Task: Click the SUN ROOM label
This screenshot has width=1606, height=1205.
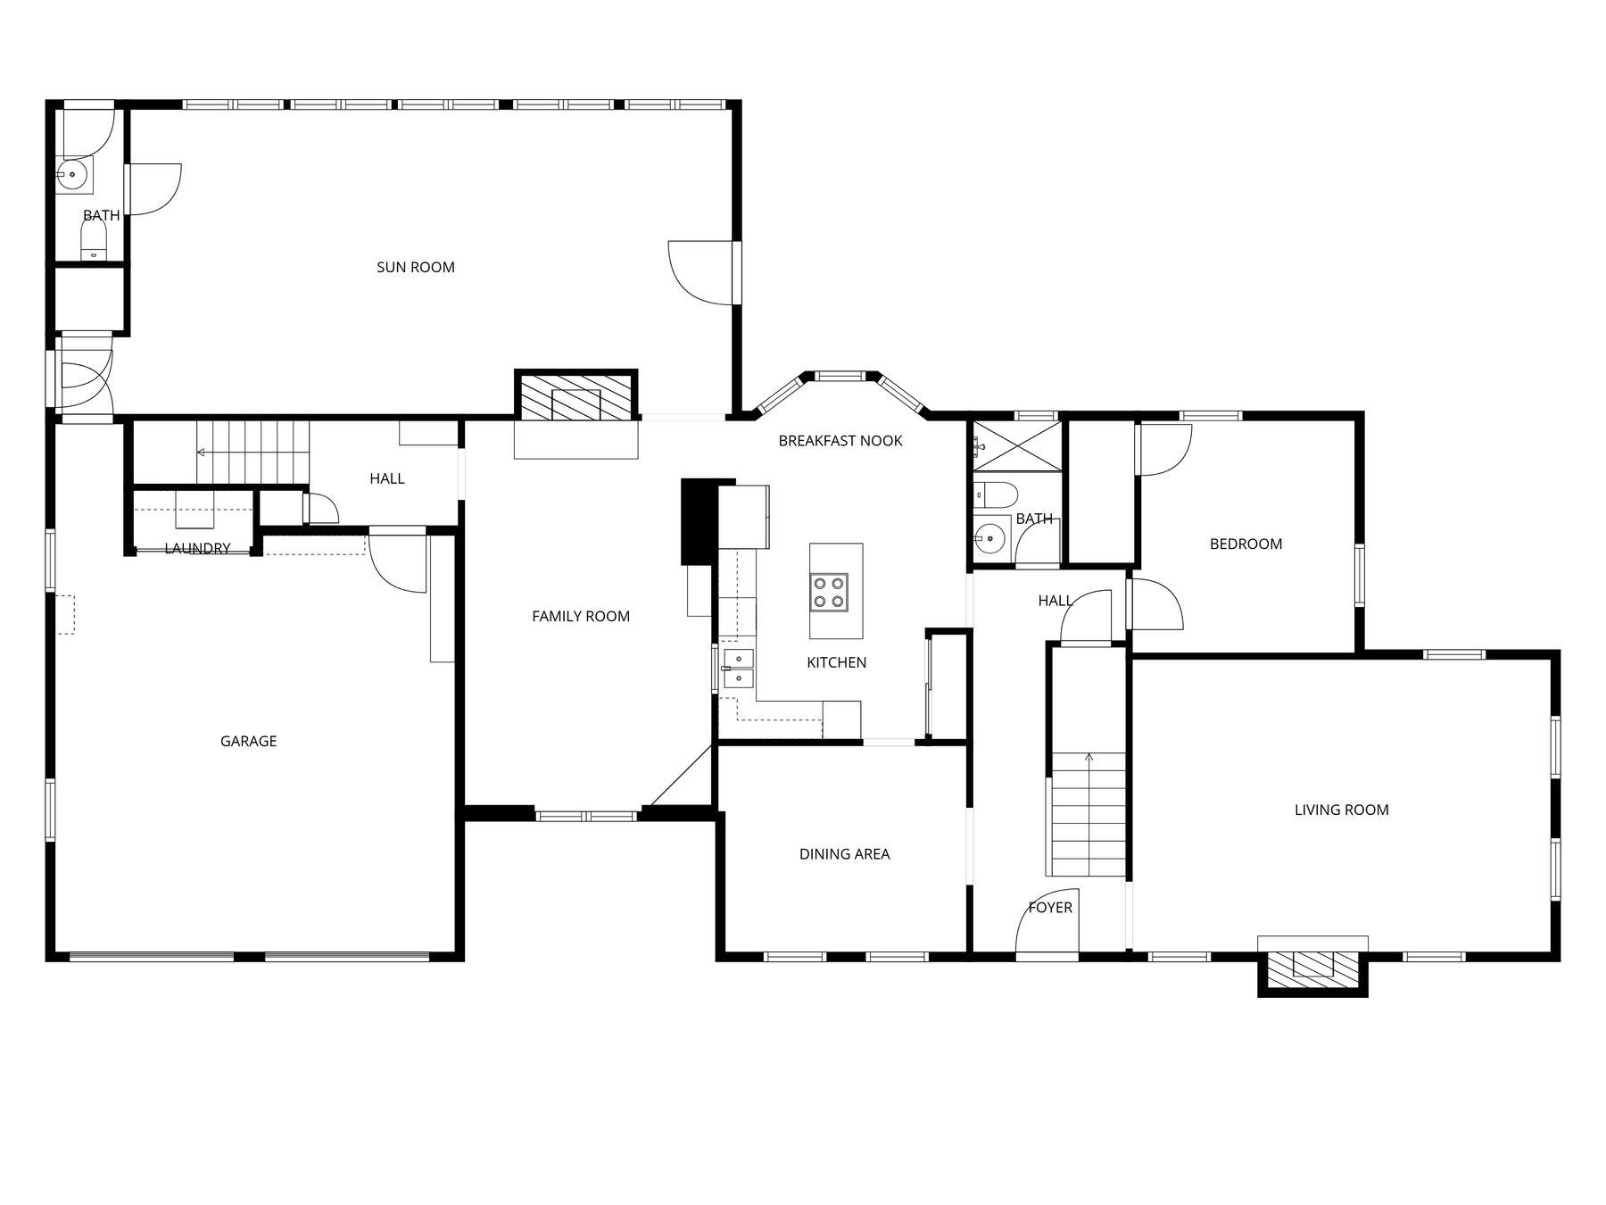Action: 415,267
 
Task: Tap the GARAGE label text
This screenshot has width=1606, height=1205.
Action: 248,741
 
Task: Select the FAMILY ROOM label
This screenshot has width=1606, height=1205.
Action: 580,616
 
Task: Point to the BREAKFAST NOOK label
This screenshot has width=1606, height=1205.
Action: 840,440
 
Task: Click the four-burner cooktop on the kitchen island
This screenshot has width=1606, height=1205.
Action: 829,592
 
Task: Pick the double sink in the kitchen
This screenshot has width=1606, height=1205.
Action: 738,669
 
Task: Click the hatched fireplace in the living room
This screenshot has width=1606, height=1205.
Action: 1312,968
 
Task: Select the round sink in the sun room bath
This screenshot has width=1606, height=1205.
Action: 72,175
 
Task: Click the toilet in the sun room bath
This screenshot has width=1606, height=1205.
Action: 93,240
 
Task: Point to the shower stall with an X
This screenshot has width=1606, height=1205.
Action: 1017,445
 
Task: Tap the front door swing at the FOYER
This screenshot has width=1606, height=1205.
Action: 1047,924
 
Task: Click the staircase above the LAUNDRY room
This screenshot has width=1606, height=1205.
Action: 252,452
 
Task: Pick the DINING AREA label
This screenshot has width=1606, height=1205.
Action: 844,854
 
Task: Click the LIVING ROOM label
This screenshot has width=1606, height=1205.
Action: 1341,810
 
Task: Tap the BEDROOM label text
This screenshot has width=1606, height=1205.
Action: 1246,544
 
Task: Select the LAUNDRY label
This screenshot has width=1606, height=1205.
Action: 197,548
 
